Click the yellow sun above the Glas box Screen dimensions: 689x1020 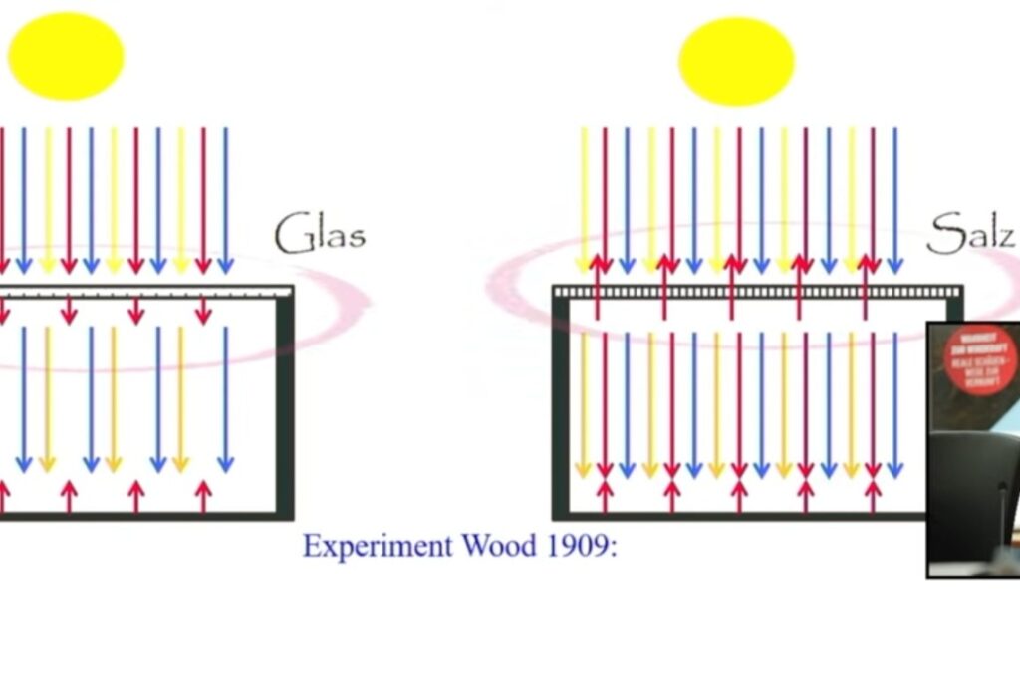[66, 56]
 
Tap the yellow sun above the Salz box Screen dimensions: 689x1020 [736, 61]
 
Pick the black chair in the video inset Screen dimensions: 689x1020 [971, 498]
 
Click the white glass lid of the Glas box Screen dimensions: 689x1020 [149, 292]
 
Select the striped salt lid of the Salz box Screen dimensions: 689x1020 [757, 292]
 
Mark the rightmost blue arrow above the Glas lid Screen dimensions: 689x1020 [225, 199]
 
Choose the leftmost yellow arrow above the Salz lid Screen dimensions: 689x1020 [584, 199]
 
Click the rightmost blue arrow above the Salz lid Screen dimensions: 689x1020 [894, 199]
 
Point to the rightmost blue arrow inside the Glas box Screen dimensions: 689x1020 [225, 398]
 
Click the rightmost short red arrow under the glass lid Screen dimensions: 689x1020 [203, 310]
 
